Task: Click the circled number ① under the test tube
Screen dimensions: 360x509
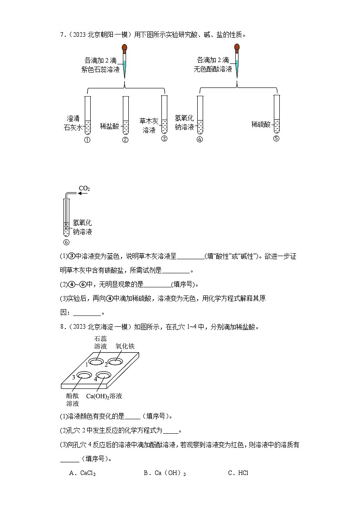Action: click(88, 140)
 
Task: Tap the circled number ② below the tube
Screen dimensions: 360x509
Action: click(126, 140)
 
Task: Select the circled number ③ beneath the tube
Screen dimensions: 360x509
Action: click(164, 139)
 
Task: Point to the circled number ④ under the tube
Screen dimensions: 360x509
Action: click(199, 139)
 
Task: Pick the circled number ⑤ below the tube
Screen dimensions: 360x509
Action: click(277, 139)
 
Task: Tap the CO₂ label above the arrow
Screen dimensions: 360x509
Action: click(84, 188)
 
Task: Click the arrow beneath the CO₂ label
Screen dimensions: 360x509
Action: click(83, 194)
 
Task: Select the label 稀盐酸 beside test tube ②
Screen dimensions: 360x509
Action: click(109, 126)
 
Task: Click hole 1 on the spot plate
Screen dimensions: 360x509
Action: click(96, 362)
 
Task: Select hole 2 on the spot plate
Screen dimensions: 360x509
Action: click(115, 362)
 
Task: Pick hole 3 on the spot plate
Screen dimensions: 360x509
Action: click(84, 375)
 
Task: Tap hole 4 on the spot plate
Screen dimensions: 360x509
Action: click(104, 375)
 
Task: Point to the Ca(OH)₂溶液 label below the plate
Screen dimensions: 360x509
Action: click(104, 396)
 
